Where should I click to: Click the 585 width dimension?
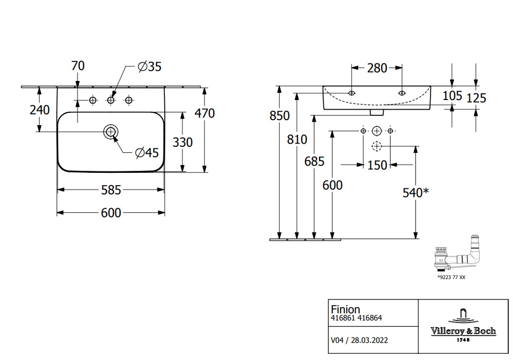(110, 190)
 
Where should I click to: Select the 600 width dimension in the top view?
(110, 213)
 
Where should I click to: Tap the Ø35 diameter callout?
(149, 66)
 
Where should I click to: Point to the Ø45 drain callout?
(146, 152)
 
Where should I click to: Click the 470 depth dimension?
(205, 113)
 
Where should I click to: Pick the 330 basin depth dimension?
(182, 142)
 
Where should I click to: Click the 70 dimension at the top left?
(78, 66)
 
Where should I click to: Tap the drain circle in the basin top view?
(110, 132)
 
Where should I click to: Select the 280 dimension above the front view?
(377, 68)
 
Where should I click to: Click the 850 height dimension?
(280, 116)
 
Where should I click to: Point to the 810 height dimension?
(297, 139)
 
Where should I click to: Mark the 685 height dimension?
(314, 161)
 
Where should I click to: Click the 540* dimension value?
(415, 193)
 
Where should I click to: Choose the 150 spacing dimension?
(377, 166)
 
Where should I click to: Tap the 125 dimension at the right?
(477, 97)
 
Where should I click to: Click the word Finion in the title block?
(345, 309)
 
